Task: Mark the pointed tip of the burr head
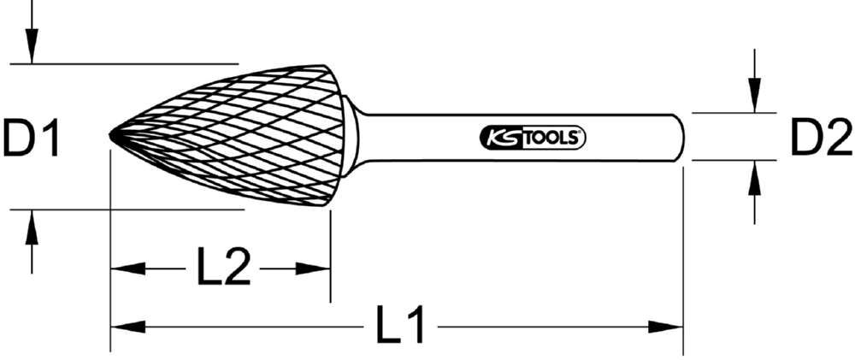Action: click(112, 136)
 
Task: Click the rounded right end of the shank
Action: click(681, 137)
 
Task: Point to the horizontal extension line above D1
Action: click(128, 62)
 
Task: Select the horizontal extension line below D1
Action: click(128, 209)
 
